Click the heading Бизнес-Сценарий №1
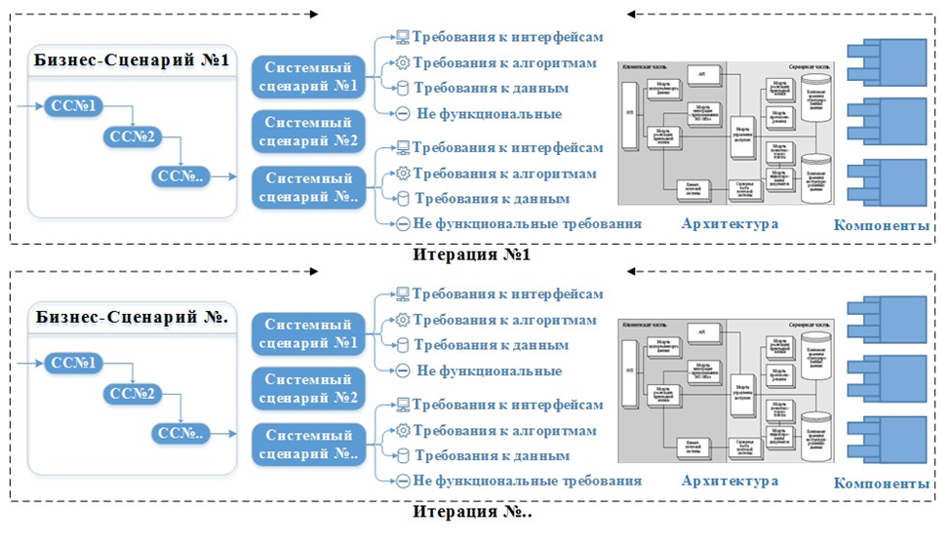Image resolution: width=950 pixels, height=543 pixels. coord(131,60)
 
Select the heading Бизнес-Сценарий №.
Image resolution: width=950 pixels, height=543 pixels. coord(131,318)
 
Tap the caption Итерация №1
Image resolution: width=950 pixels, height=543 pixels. coord(471,253)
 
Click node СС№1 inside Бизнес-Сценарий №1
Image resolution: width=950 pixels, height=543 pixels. coord(73,105)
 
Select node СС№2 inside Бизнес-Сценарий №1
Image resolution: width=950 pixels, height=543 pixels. coord(133,136)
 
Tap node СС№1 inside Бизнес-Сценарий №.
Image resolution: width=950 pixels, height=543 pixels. coord(73,363)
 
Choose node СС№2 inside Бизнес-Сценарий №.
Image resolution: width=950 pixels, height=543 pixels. coord(133,394)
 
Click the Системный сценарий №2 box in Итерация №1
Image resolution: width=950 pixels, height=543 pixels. coord(308,131)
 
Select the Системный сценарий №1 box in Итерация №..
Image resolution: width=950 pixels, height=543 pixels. coord(308,333)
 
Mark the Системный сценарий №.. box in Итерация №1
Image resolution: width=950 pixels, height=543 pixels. coord(308,187)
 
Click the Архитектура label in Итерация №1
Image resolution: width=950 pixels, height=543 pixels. coord(731,224)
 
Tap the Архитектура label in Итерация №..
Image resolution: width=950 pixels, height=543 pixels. coord(731,482)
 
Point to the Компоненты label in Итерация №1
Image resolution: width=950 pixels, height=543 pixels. coord(882,226)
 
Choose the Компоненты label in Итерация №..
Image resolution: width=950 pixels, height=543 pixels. coord(882,484)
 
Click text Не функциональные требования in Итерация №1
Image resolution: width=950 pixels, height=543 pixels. coord(528,223)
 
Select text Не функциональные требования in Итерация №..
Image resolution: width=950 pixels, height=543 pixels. coord(528,481)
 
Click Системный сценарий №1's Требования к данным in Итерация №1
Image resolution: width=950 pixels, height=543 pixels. coord(491,89)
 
